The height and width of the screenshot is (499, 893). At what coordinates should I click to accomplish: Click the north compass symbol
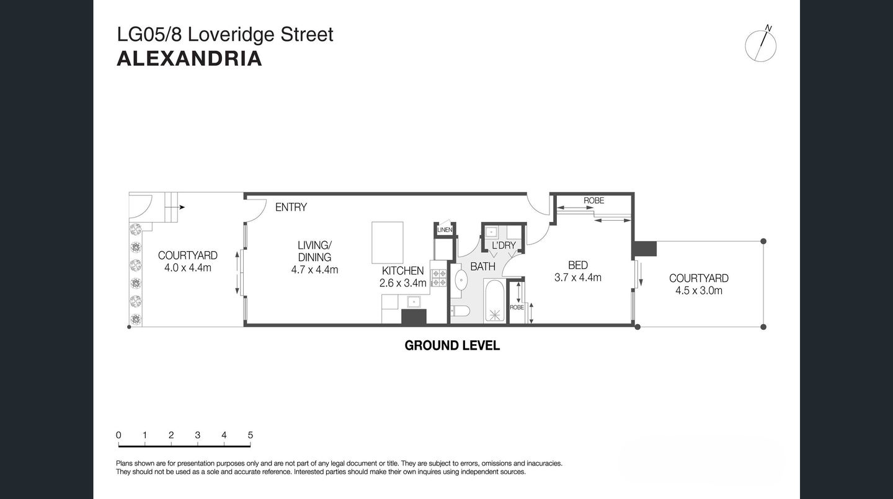coord(761,45)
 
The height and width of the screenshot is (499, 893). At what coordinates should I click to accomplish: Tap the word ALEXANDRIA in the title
coord(189,59)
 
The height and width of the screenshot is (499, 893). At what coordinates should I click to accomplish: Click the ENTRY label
coord(291,207)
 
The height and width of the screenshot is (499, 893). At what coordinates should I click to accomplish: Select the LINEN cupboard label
coord(445,230)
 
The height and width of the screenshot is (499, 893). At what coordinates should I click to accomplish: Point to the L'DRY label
coord(504,245)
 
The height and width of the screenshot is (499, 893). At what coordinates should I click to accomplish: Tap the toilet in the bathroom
coord(459,311)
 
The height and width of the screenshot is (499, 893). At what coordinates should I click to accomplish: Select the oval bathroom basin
coord(462,280)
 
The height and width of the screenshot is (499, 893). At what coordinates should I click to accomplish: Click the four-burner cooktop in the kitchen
coord(439,278)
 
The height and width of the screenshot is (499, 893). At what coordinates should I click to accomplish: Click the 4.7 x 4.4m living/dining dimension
coord(314,270)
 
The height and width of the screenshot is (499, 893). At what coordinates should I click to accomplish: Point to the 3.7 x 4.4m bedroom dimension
coord(577,278)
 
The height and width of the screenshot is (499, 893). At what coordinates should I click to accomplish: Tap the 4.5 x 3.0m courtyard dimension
coord(698,290)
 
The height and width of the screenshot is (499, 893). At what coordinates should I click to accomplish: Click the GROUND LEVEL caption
coord(452,346)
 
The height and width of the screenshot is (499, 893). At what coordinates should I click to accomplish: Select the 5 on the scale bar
coord(251,435)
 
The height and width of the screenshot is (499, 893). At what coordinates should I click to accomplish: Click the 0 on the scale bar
coord(118,435)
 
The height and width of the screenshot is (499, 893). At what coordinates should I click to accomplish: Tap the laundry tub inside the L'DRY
coord(491,232)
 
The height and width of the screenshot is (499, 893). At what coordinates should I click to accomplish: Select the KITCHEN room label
coord(402,271)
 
